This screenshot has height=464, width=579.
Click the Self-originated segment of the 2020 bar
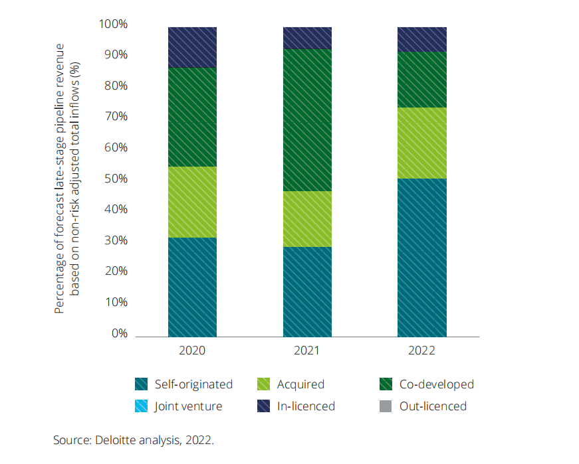192,287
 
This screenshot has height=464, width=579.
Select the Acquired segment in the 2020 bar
192,202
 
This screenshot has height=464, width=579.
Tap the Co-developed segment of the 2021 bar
307,119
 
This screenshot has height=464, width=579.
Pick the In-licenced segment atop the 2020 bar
192,47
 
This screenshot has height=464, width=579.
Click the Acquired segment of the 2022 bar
421,143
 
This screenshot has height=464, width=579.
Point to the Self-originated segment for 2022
421,258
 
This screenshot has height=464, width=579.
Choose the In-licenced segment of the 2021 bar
307,38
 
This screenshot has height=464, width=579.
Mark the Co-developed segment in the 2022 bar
421,79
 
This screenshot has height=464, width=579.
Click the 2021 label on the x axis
307,350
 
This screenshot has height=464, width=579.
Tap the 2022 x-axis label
421,350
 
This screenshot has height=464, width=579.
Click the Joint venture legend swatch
141,406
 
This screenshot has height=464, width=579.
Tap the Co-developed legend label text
436,384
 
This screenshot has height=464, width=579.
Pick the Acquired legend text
300,384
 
